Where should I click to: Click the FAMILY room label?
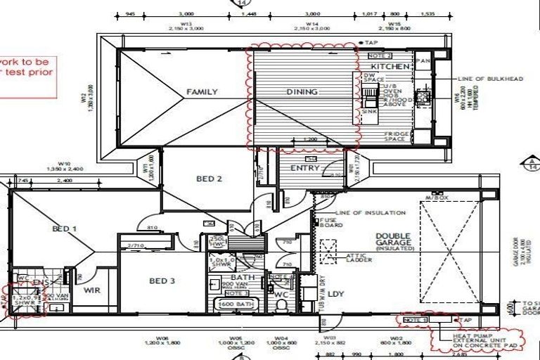(202, 91)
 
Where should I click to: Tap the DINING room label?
(302, 91)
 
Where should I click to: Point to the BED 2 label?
(209, 179)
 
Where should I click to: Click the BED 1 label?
(64, 229)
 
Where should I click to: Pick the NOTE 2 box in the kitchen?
(380, 55)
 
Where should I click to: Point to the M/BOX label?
(430, 198)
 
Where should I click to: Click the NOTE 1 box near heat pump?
(416, 320)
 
